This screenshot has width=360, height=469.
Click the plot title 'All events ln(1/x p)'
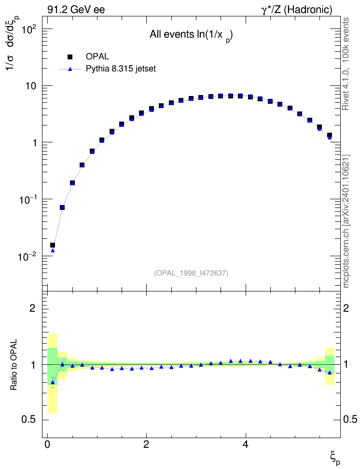(191, 36)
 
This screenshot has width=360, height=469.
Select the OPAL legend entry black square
(70, 56)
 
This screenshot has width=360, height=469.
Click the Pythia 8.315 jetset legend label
(121, 69)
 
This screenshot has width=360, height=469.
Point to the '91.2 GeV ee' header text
(76, 10)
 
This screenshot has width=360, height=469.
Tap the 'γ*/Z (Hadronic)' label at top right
(297, 10)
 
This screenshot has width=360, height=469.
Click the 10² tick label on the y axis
(29, 30)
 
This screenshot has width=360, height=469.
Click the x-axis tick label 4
(246, 444)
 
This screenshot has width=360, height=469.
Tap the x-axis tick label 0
(47, 444)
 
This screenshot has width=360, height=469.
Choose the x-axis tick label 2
(146, 444)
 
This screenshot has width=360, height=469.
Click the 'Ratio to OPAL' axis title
(14, 365)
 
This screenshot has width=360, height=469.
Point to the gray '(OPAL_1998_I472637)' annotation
(191, 273)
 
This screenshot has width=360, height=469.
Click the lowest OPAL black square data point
(53, 245)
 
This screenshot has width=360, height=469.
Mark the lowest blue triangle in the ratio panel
(53, 382)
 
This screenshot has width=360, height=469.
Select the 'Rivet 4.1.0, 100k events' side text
(346, 64)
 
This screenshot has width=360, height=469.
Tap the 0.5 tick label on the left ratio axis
(29, 420)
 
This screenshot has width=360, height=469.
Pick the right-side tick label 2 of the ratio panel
(346, 308)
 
